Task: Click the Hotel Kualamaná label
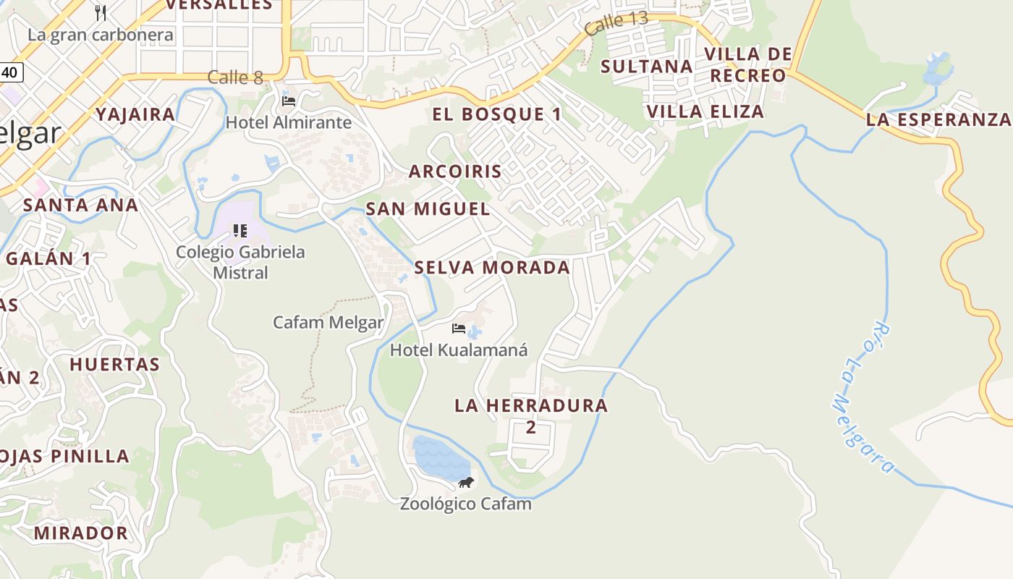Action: [459, 350]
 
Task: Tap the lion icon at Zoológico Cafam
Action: [466, 482]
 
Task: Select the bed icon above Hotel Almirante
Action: [289, 101]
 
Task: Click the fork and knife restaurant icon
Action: [101, 12]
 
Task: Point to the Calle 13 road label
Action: [616, 23]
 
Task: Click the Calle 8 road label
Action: [235, 77]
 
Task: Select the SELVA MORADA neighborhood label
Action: [492, 268]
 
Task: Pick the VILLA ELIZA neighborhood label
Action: [705, 111]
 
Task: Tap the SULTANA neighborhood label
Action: [647, 67]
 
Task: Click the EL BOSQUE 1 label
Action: [496, 114]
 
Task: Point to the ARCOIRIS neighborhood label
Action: [455, 172]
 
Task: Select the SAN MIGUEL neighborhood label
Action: [428, 209]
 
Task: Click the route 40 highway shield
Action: [10, 72]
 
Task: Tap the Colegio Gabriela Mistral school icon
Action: [240, 231]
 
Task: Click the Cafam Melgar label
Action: [328, 322]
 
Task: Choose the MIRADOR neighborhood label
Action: [80, 533]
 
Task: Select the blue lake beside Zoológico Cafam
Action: [437, 457]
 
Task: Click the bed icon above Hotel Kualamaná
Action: [458, 329]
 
